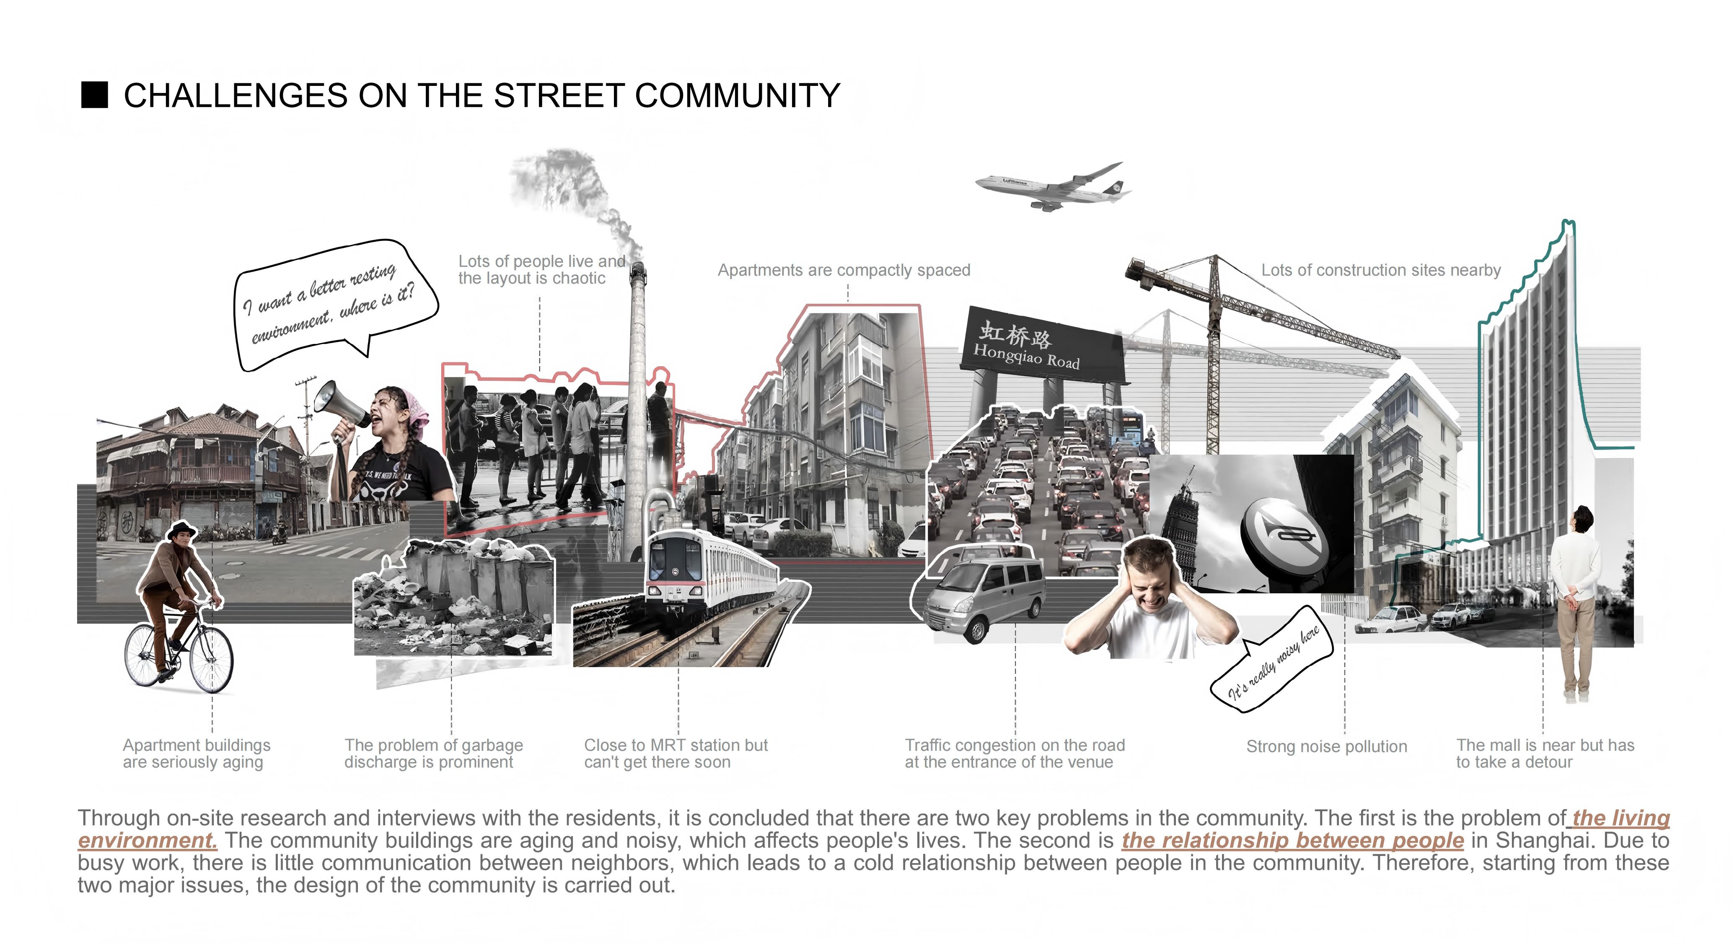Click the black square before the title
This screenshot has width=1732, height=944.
click(94, 95)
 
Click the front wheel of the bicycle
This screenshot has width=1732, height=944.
click(211, 659)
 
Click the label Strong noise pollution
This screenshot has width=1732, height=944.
click(1326, 746)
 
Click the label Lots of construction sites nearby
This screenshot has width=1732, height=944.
click(1380, 270)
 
